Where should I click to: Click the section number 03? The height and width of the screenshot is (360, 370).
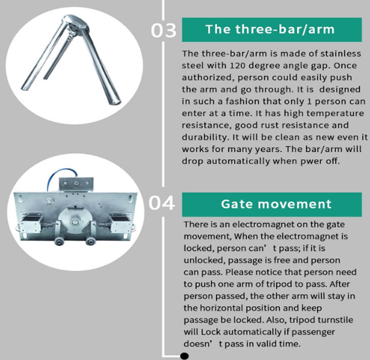pyautogui.click(x=163, y=30)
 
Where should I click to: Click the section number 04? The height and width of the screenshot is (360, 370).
pyautogui.click(x=162, y=203)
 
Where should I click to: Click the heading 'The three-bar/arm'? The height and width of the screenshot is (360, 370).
pyautogui.click(x=270, y=29)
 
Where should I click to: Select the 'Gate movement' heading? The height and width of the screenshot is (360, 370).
pyautogui.click(x=276, y=204)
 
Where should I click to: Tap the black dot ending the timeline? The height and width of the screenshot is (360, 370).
pyautogui.click(x=184, y=356)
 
